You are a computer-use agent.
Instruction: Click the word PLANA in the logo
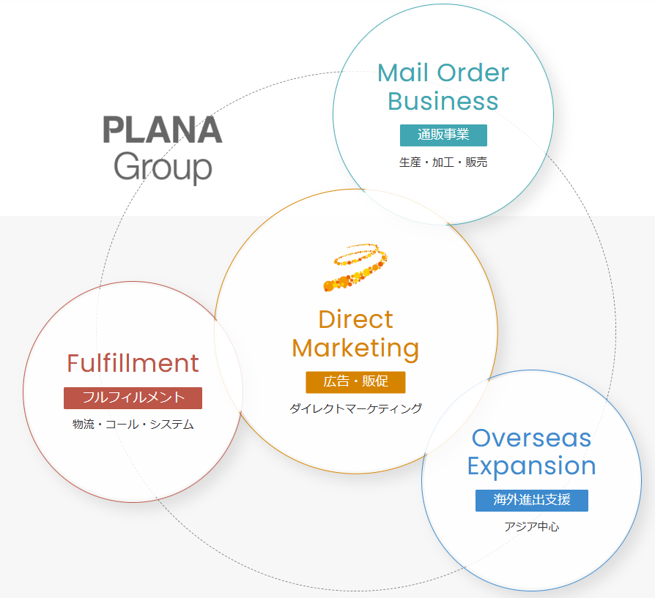[162, 130]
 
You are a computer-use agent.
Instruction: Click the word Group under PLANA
[163, 167]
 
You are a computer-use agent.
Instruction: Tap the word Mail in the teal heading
[404, 72]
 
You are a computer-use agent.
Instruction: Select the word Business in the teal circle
[443, 101]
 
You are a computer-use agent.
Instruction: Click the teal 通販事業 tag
[443, 135]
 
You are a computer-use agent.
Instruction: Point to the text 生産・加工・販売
[443, 162]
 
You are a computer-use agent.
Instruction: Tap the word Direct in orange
[355, 320]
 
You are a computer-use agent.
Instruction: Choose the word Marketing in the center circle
[355, 348]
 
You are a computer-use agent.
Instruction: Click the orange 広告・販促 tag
[355, 382]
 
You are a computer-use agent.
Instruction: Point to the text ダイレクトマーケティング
[355, 408]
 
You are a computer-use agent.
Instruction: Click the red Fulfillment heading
[133, 363]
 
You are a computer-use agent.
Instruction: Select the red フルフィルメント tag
[133, 397]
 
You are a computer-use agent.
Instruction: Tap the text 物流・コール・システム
[133, 425]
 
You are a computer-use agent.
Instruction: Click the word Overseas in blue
[531, 438]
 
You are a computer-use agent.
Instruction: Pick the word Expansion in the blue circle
[531, 466]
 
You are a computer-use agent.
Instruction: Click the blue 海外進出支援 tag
[531, 500]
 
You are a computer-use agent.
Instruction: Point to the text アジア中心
[531, 526]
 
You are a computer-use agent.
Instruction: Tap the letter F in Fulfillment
[73, 364]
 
